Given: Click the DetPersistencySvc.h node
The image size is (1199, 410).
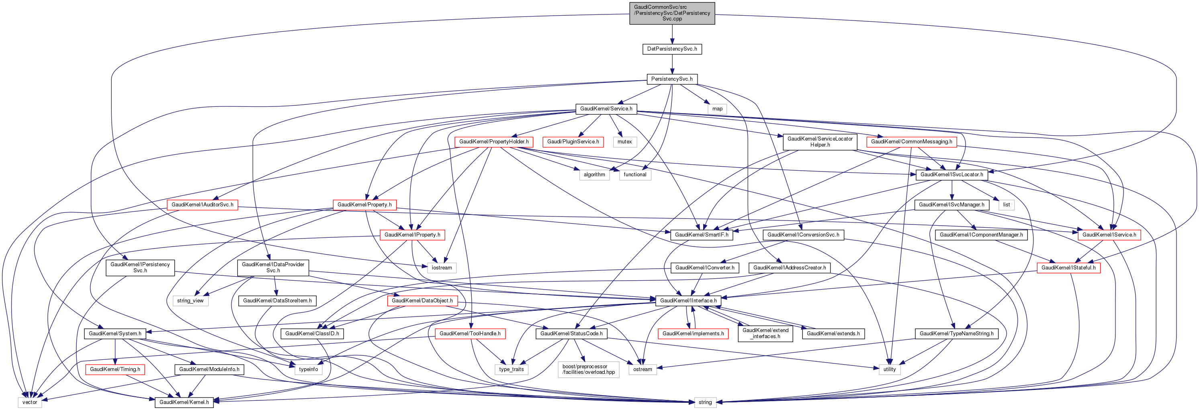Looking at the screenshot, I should coord(672,49).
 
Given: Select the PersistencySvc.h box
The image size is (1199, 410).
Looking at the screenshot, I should coord(672,79).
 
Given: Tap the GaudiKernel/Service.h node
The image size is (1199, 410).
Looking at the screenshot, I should coord(606,109).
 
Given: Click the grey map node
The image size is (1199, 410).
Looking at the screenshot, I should coord(717,109).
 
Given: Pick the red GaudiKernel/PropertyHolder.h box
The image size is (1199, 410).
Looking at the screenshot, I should coord(493,141).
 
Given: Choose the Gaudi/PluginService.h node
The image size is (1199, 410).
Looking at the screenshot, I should coord(573,141).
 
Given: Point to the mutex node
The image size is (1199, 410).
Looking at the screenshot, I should coord(625,141).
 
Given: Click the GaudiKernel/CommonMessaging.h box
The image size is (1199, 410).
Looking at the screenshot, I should coord(911,141).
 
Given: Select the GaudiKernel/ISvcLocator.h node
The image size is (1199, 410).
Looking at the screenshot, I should coord(952,175).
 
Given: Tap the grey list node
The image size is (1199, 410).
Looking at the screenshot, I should coord(1006,205).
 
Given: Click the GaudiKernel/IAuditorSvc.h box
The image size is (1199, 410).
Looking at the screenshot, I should coord(203,205).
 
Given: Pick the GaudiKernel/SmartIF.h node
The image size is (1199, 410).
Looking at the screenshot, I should coord(702,235).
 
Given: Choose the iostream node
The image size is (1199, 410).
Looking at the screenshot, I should coord(442,267).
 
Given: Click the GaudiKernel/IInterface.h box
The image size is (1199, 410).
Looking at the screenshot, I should coord(688,301).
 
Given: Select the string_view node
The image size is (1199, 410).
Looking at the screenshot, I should coord(190,301).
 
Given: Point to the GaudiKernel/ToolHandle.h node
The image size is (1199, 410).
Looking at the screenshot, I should coord(470,334).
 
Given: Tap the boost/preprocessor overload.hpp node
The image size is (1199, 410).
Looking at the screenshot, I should coord(588,369).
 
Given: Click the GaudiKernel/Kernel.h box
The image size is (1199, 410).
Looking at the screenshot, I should coord(184,402).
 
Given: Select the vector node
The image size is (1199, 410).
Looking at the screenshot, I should coord(30,402).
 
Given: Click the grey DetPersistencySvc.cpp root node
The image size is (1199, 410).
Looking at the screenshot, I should coord(672,13).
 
